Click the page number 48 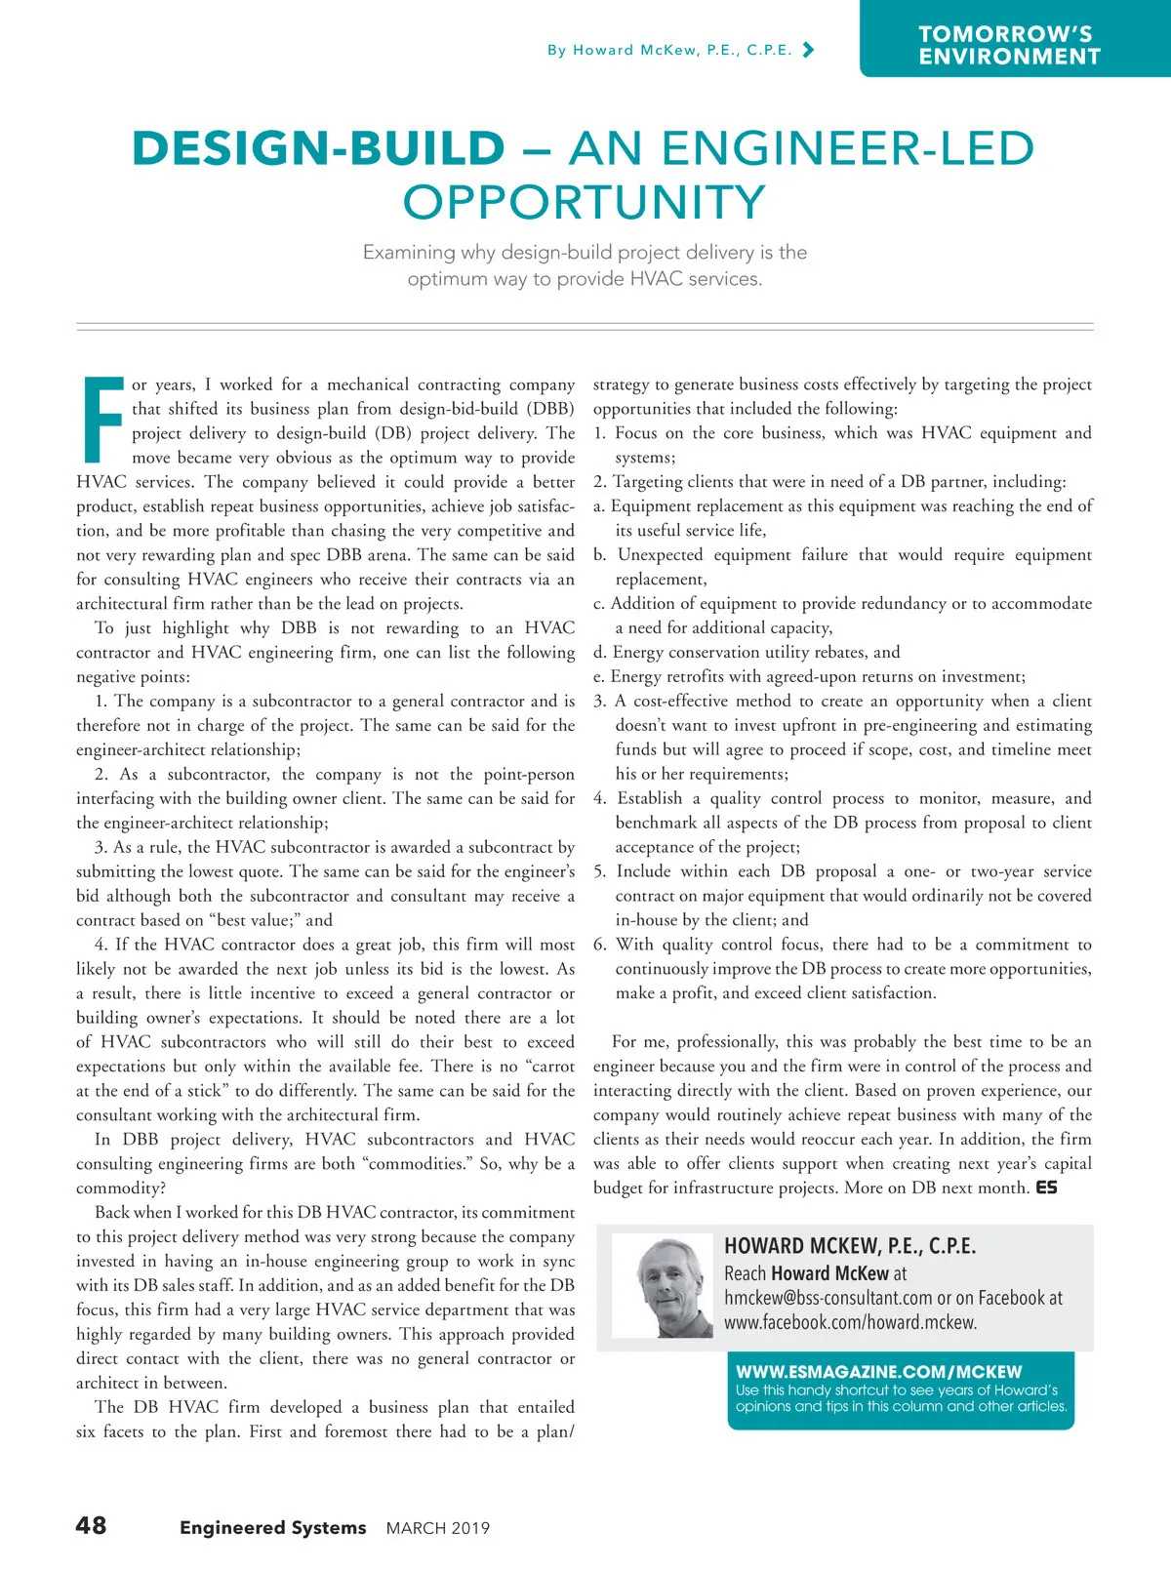pos(91,1525)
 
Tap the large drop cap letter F pos(101,420)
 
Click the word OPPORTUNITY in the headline pos(584,203)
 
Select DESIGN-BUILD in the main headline pos(318,149)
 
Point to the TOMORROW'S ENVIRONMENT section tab pos(1009,46)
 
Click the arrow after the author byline pos(807,50)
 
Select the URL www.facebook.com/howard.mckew pos(850,1323)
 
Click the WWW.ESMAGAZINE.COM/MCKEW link pos(878,1371)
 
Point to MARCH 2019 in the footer pos(438,1528)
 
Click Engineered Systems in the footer pos(272,1528)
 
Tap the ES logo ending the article pos(1046,1188)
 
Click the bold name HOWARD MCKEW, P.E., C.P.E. pos(849,1246)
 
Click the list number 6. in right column pos(600,945)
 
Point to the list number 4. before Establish pos(600,798)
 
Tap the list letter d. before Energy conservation pos(599,652)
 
